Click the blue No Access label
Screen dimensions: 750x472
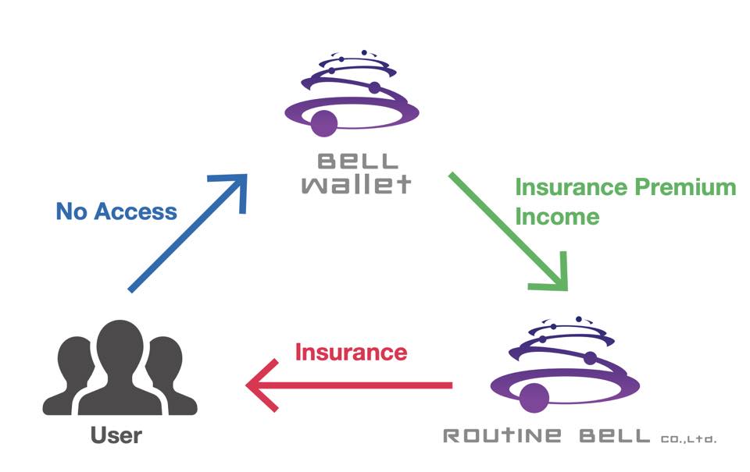pyautogui.click(x=116, y=211)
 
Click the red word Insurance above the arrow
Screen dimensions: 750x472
pyautogui.click(x=351, y=352)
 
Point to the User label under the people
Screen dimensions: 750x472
pyautogui.click(x=116, y=434)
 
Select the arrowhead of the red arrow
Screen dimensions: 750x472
pyautogui.click(x=261, y=385)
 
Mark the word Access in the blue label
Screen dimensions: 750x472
pyautogui.click(x=137, y=211)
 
